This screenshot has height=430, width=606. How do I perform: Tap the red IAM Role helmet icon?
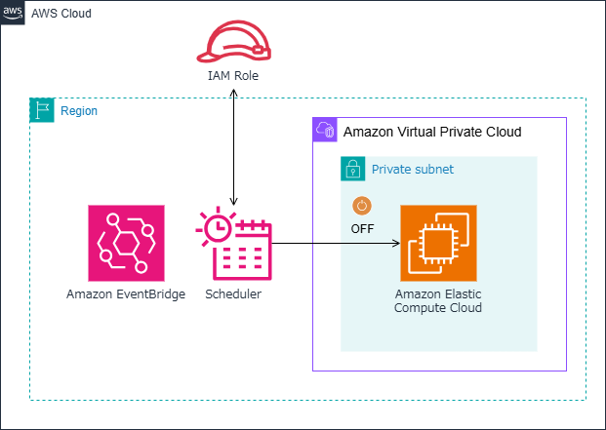(x=233, y=44)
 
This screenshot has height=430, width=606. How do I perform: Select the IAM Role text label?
(x=233, y=75)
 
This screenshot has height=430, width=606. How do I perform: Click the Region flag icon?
(x=42, y=109)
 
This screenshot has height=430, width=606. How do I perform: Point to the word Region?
(x=79, y=111)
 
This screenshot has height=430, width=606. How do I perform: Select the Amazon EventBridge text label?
(x=126, y=293)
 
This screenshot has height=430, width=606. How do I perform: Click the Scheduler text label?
(x=233, y=293)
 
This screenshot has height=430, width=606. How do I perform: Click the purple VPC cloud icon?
(x=324, y=130)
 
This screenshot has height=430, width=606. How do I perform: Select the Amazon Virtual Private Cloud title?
(x=431, y=132)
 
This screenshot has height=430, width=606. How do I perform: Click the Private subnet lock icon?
(x=352, y=169)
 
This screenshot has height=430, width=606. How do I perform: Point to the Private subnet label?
(x=412, y=170)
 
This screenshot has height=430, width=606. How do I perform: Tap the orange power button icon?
(x=362, y=207)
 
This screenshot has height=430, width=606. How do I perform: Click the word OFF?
(x=363, y=229)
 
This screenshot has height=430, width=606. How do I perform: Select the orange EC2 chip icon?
(x=438, y=243)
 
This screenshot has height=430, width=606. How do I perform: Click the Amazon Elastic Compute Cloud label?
(x=438, y=300)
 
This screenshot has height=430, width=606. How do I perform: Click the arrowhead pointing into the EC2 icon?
(x=396, y=243)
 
